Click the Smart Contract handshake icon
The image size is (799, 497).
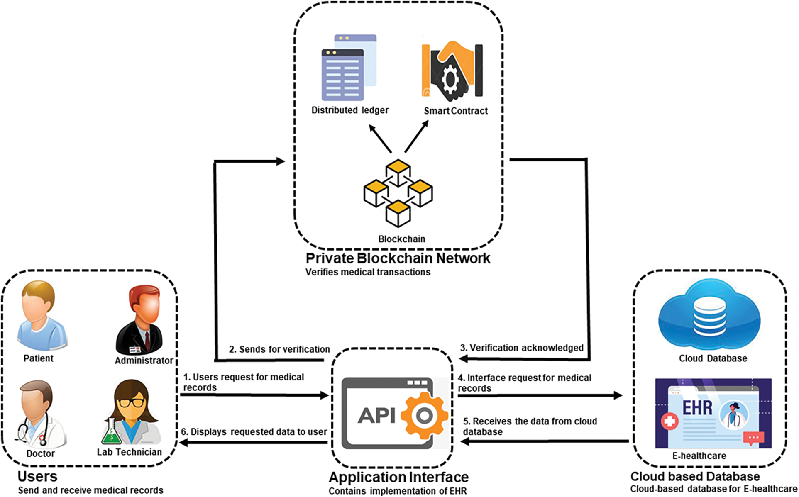point(452,71)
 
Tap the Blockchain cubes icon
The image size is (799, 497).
point(398,193)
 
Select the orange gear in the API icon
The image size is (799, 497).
point(424,415)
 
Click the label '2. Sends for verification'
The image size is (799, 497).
point(279,349)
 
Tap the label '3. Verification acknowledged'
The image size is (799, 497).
point(521,348)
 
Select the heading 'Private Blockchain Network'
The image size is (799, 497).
point(398,258)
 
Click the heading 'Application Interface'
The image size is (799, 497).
point(398,477)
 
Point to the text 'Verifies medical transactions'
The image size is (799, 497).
point(368,272)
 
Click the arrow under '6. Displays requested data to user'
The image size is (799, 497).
point(253,443)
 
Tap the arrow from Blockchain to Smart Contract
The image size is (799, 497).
point(416,137)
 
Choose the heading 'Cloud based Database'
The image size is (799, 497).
point(695,476)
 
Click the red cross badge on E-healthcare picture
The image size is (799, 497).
point(669,421)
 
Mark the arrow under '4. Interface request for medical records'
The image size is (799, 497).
point(540,396)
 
